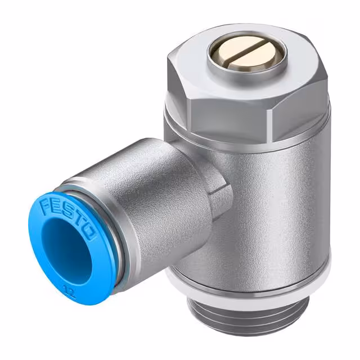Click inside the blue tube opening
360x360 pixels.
tap(66, 250)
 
